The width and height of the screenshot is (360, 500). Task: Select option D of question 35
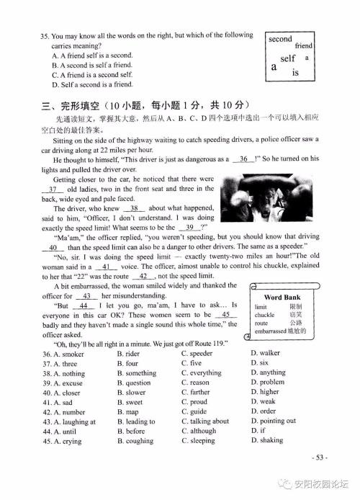pyautogui.click(x=93, y=84)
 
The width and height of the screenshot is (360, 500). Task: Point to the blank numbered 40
pyautogui.click(x=53, y=247)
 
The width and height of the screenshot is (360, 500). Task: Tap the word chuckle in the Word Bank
pyautogui.click(x=265, y=315)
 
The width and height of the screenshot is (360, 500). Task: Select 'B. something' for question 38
pyautogui.click(x=136, y=373)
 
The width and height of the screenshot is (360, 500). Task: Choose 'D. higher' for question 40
pyautogui.click(x=264, y=393)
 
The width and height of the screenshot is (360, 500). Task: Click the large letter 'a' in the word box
pyautogui.click(x=274, y=67)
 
